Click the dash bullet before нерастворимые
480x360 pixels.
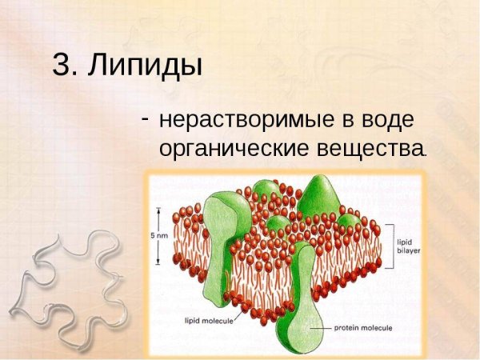coord(146,117)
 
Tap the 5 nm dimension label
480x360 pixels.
coord(159,236)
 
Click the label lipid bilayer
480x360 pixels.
coord(409,243)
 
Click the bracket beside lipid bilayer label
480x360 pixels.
coord(390,243)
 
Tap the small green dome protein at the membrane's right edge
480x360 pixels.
coord(350,220)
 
